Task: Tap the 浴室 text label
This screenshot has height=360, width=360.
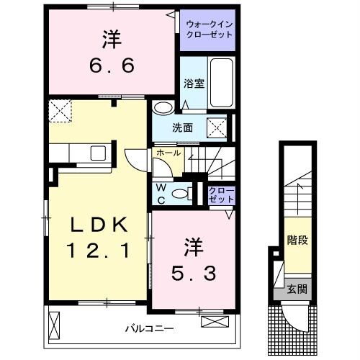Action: [193, 83]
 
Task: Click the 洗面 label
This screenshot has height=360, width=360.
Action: [183, 127]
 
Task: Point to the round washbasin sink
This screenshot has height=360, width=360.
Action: [163, 109]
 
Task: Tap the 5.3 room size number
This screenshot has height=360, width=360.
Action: [194, 273]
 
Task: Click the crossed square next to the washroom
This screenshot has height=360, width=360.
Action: [217, 128]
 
